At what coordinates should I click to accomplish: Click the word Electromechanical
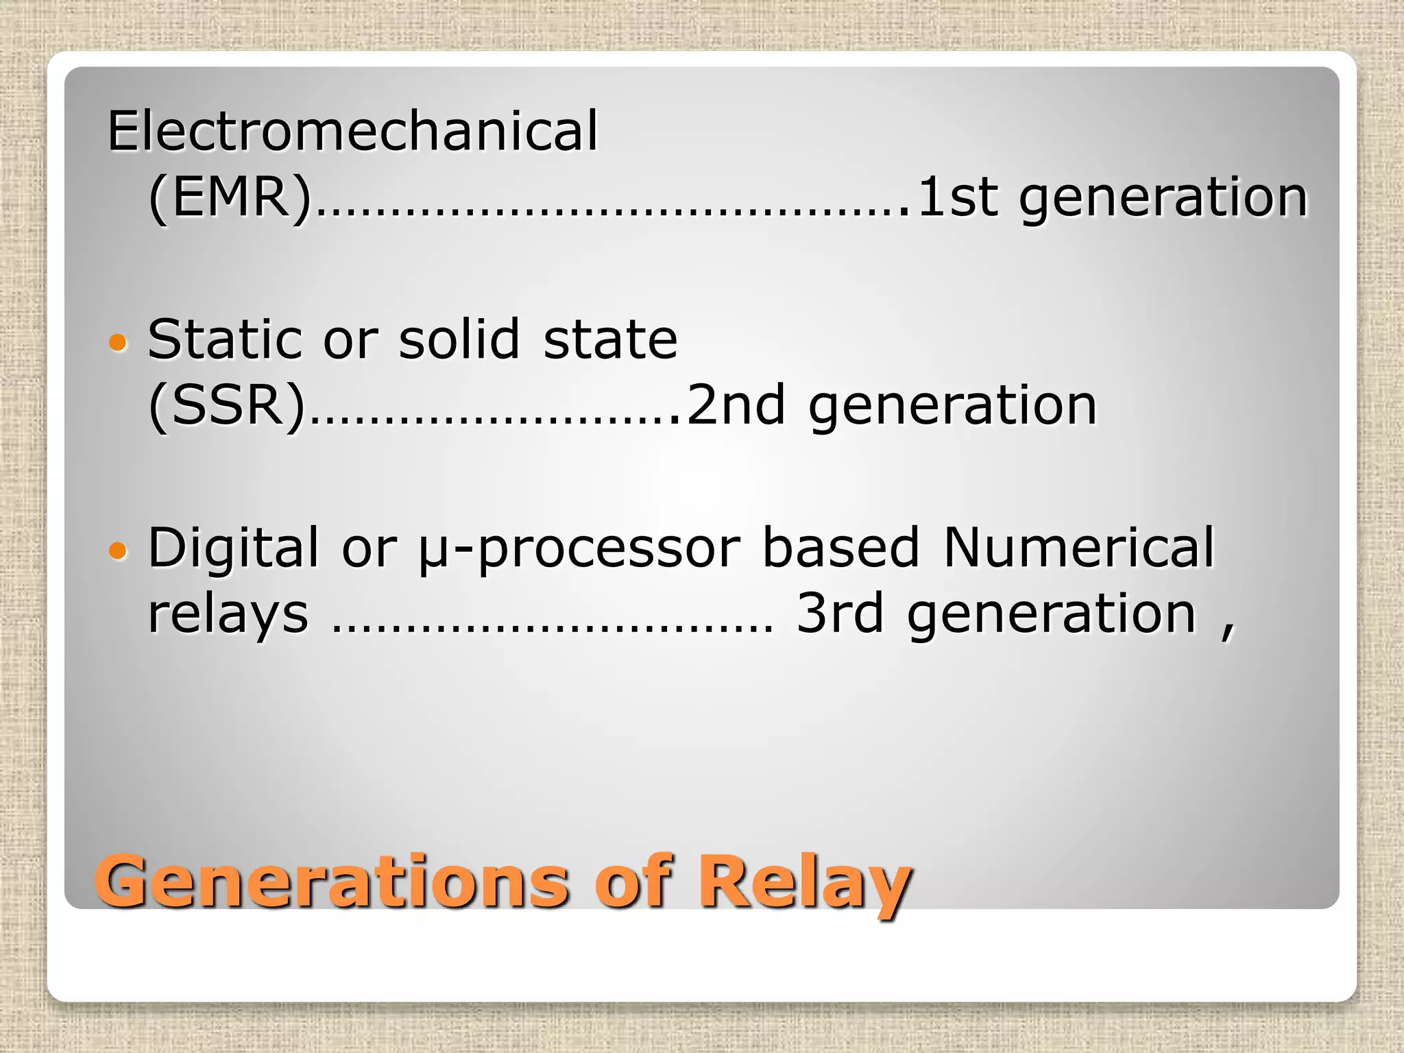tap(352, 131)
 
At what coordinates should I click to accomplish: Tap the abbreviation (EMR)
tap(230, 197)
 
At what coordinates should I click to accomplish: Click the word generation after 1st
tap(1163, 199)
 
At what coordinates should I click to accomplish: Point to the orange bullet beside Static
tap(118, 341)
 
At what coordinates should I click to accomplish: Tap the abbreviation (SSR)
tap(227, 405)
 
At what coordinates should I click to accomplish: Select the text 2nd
tap(735, 405)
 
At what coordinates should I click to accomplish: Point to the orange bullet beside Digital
tap(118, 550)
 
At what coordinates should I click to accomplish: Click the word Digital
tap(233, 548)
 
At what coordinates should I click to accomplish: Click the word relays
tap(228, 615)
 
